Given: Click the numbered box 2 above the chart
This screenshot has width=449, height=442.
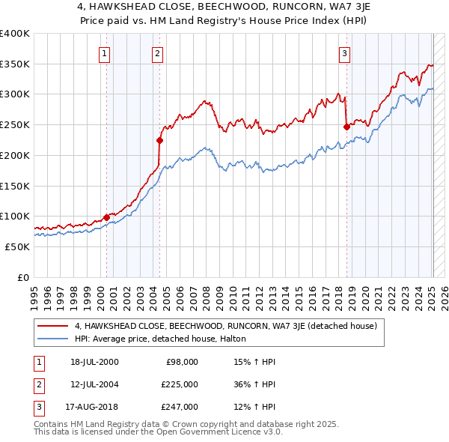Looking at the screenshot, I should coord(157,52).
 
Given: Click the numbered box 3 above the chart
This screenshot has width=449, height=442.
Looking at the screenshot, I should coord(344,52).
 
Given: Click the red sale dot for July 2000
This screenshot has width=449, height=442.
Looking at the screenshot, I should coord(106,217).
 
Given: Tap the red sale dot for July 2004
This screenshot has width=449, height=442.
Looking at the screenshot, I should coord(159,139).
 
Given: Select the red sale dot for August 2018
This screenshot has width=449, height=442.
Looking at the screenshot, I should coord(346,127).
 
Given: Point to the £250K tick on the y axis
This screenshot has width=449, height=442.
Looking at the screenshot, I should coord(15,124).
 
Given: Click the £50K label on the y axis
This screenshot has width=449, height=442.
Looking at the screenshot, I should coord(18,246).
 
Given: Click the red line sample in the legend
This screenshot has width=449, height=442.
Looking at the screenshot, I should coord(53,327).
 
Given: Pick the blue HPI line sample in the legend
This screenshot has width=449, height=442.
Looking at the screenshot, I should coord(53,339).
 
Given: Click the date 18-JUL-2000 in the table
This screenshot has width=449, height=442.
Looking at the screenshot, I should coord(94,362).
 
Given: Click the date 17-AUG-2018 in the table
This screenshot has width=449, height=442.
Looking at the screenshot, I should coord(94,407).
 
